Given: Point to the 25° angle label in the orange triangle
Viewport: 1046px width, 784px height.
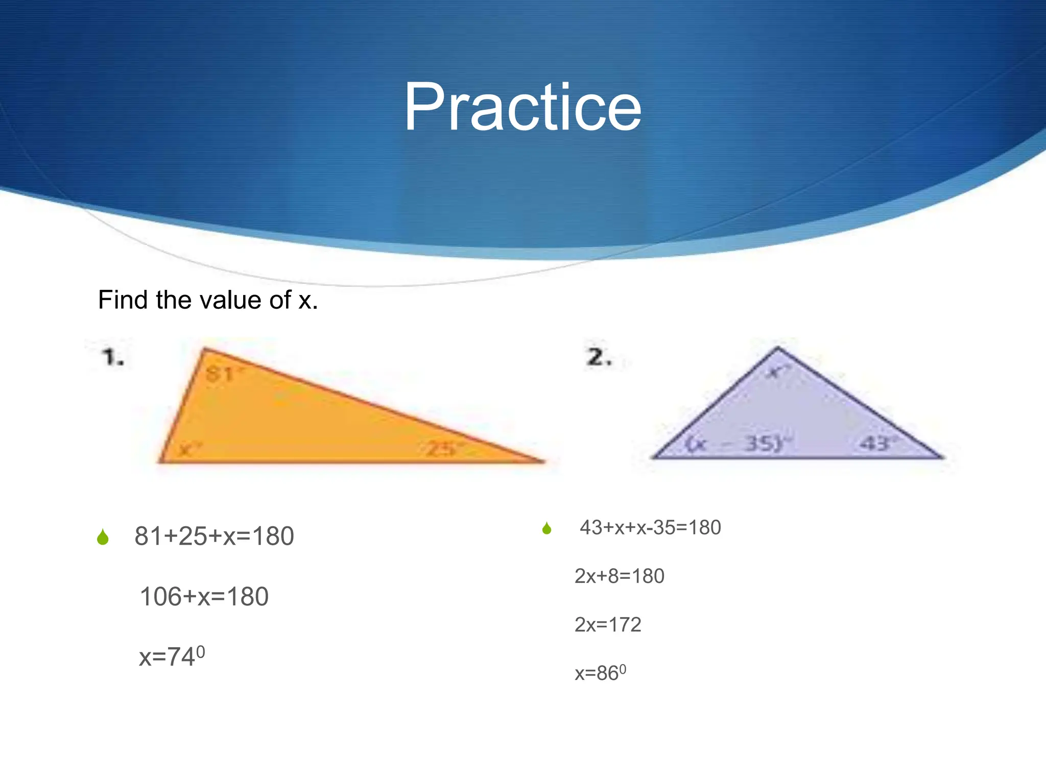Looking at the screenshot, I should [x=444, y=449].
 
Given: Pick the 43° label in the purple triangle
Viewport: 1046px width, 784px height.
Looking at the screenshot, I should [x=877, y=443].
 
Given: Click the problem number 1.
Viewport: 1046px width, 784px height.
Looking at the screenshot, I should [x=113, y=357].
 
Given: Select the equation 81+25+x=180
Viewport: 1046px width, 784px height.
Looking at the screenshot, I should [x=214, y=536].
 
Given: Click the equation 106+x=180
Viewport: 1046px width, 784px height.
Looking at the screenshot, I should [x=204, y=597].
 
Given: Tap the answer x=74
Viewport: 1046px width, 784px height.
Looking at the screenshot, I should [x=172, y=656].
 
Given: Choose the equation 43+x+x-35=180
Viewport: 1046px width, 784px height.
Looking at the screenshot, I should [x=650, y=527].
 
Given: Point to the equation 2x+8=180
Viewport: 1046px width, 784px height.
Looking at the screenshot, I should [x=619, y=576].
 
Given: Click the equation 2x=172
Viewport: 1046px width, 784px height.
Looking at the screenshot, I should [x=608, y=625].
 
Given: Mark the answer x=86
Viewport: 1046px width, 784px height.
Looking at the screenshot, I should [x=600, y=673].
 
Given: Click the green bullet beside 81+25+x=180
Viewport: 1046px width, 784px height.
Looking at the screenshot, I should [x=103, y=537].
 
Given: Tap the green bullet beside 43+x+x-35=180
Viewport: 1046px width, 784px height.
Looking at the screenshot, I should [x=546, y=528].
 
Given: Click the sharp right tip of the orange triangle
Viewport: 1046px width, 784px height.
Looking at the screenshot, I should [x=542, y=461].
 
